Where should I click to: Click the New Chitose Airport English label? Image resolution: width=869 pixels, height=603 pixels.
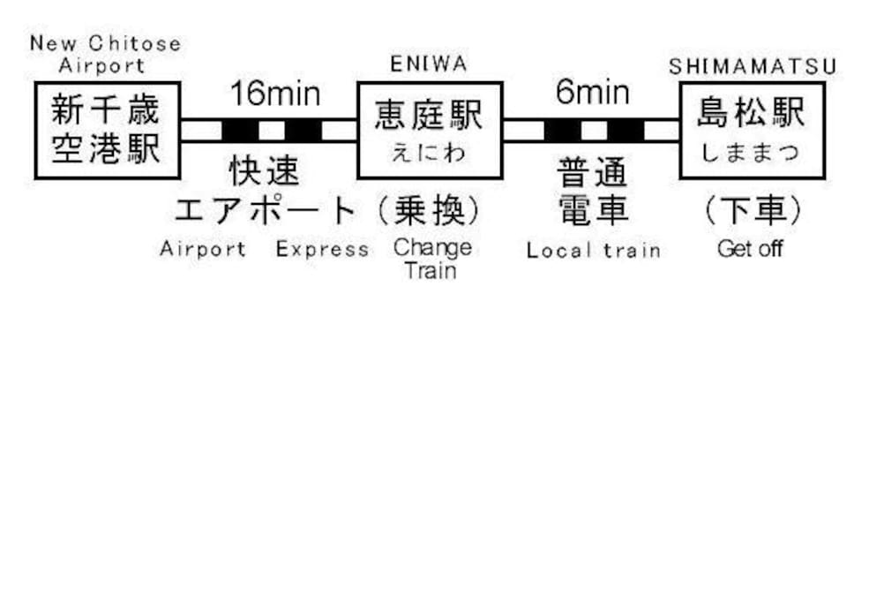pos(105,55)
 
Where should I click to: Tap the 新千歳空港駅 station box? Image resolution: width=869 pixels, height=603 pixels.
pos(108,131)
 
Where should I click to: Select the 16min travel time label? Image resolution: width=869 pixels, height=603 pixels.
pos(275,94)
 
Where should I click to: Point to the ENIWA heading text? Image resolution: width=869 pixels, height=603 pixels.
pos(429,64)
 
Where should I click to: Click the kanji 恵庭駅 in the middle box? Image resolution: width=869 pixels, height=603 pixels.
pos(429,115)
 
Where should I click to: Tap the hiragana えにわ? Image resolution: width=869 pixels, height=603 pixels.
pos(429,153)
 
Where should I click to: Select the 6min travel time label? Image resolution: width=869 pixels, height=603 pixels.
pos(593,92)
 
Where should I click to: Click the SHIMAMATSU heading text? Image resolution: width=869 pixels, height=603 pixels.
pos(753,66)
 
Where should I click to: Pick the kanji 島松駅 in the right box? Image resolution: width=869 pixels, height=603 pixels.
pos(751,113)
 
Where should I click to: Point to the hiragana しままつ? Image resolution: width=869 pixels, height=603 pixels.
pos(751,152)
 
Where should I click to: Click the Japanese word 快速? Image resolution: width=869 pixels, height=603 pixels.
pos(265,170)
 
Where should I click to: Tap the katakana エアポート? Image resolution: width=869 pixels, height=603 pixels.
pos(265,210)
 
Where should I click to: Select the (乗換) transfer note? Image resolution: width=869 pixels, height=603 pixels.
pos(429,210)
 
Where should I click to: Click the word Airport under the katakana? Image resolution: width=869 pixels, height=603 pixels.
pos(202,249)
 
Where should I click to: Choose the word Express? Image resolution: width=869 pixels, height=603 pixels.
pos(322,249)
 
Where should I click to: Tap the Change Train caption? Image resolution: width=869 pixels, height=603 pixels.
pos(432,259)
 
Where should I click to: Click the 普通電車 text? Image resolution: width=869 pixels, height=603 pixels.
pos(593,191)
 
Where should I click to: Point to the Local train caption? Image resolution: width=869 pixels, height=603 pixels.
pos(593,250)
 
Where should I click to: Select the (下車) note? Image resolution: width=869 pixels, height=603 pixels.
pos(752,210)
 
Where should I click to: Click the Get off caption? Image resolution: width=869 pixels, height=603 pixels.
pos(750,248)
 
